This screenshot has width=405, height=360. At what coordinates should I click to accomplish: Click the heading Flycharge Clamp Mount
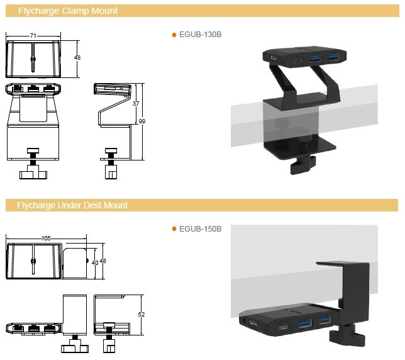tap(67, 11)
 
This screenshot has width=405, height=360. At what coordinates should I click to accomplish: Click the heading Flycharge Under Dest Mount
tap(72, 205)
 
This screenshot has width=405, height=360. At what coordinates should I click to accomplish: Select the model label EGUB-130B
tap(201, 35)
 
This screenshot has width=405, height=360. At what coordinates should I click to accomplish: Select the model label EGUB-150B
tap(201, 228)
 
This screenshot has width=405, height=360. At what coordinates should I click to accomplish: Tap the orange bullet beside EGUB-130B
tap(174, 35)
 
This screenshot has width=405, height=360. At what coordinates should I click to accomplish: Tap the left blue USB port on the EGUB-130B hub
tap(315, 59)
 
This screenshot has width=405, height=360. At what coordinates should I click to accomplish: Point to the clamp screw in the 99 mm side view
tap(111, 157)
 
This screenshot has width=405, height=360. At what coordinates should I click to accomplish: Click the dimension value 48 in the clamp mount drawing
tap(78, 57)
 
